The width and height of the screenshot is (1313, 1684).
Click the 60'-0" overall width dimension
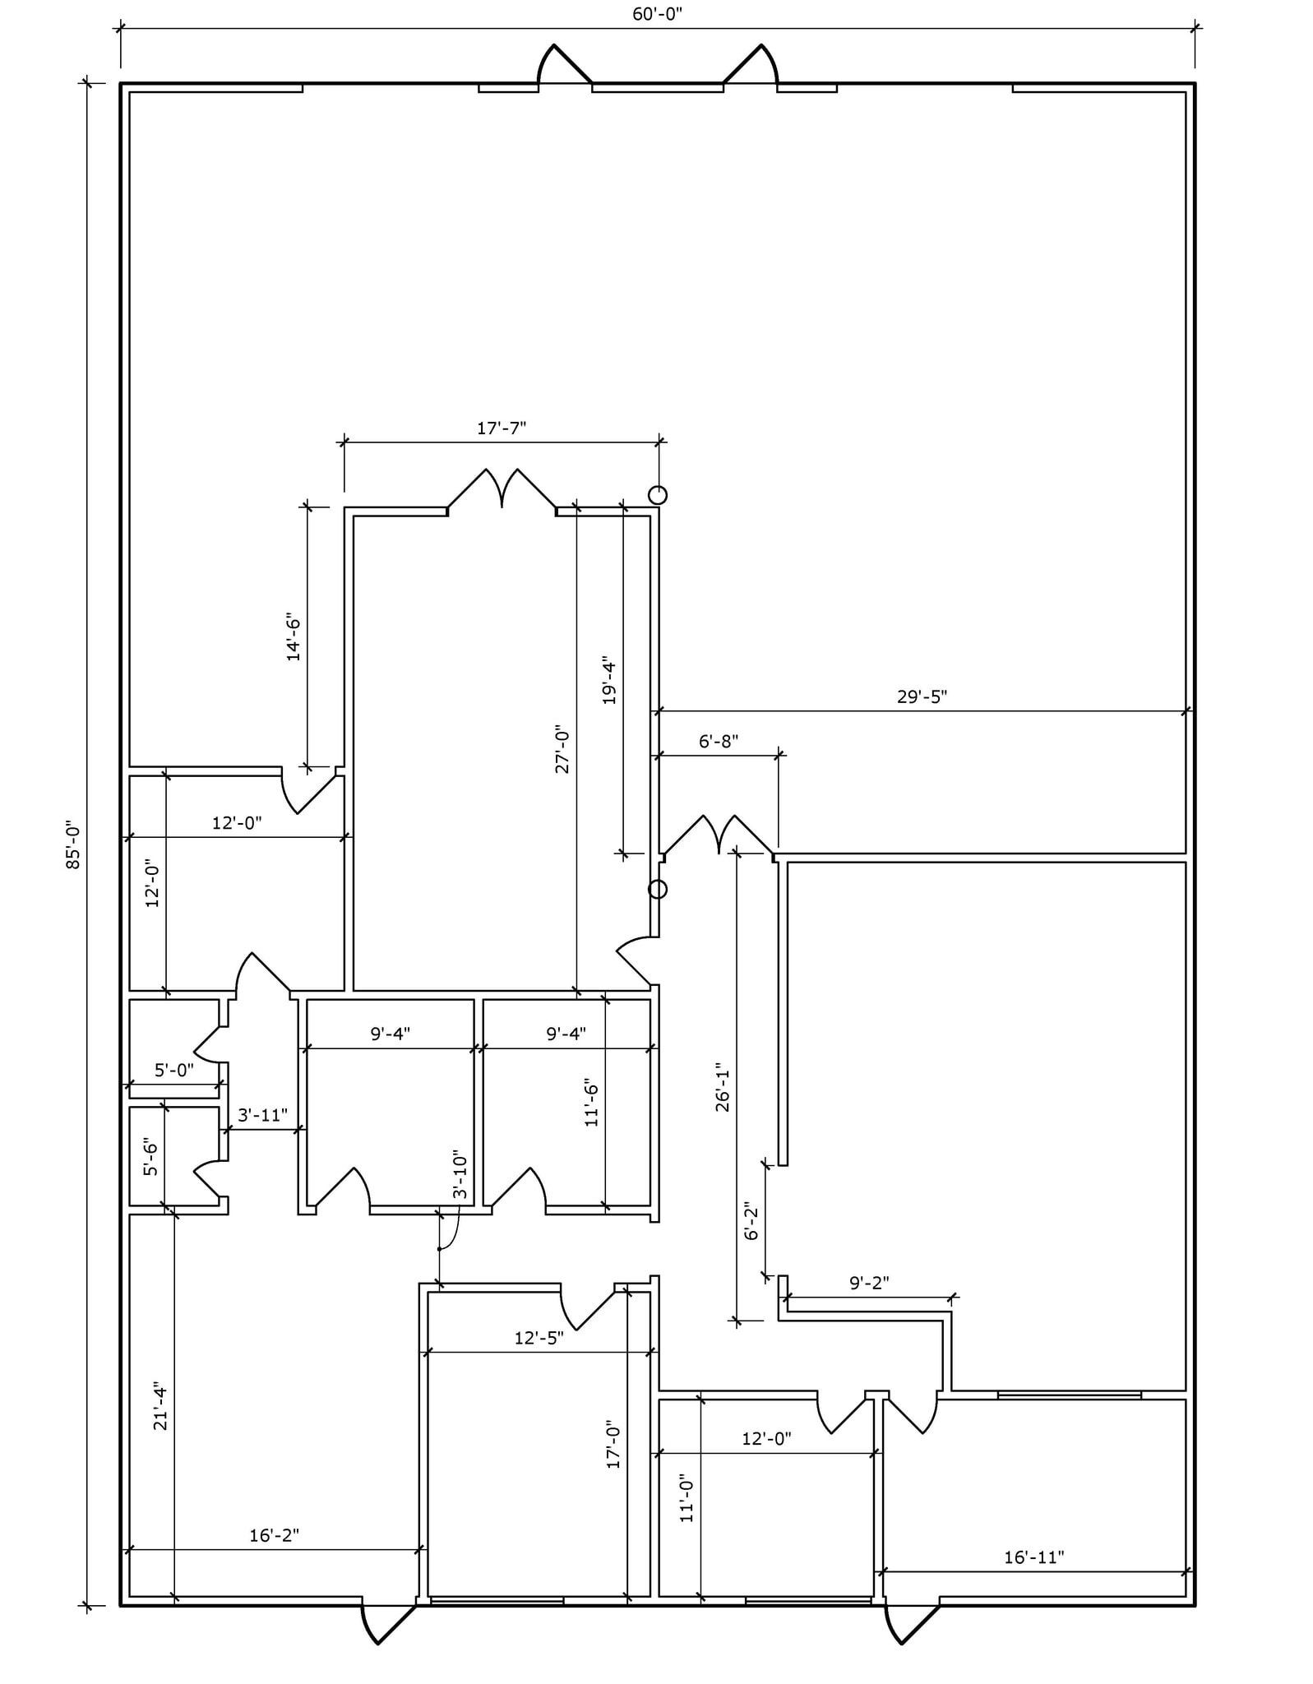(x=657, y=15)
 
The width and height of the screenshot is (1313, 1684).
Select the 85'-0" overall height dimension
(x=73, y=844)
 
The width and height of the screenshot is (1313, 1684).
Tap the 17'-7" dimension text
(x=501, y=428)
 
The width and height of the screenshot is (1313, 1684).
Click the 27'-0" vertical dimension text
(x=562, y=749)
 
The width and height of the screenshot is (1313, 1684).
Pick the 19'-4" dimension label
(x=609, y=680)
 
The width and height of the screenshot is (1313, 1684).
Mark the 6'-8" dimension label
(x=719, y=741)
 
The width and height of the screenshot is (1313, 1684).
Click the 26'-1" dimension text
(x=723, y=1090)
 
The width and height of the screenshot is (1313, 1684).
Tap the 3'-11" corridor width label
(x=262, y=1115)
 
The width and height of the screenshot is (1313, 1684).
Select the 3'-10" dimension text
(x=460, y=1176)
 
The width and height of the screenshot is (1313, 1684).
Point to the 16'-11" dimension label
(x=1033, y=1557)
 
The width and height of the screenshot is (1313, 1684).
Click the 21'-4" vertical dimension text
(x=160, y=1409)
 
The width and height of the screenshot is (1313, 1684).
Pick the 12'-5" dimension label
(x=539, y=1338)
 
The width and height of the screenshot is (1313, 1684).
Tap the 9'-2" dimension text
(x=869, y=1282)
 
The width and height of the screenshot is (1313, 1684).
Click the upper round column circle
(x=658, y=495)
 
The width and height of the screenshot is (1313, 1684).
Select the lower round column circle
(x=658, y=889)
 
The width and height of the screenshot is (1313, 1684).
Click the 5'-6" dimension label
(x=150, y=1156)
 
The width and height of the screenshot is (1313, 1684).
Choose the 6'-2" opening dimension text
(x=751, y=1221)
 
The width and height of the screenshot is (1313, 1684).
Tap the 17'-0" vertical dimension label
(x=613, y=1444)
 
